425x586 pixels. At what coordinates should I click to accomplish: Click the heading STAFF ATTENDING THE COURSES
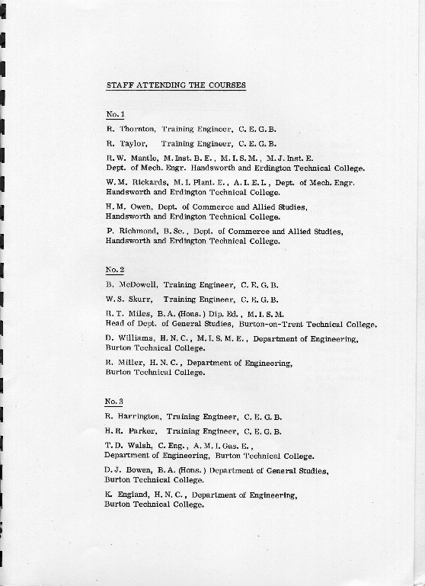coord(176,85)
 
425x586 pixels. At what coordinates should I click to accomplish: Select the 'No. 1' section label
coord(116,114)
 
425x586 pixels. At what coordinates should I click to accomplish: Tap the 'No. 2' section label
coord(114,270)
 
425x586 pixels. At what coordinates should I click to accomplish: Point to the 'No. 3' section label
coord(114,402)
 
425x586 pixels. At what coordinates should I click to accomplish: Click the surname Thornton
coord(136,130)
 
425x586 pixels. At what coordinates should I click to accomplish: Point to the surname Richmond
coord(139,231)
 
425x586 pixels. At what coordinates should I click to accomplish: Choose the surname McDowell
coord(136,284)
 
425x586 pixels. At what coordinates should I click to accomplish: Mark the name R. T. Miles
coord(125,313)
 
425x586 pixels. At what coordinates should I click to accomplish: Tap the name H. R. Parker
coord(132,431)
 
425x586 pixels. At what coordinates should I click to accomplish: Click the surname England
coord(130,495)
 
